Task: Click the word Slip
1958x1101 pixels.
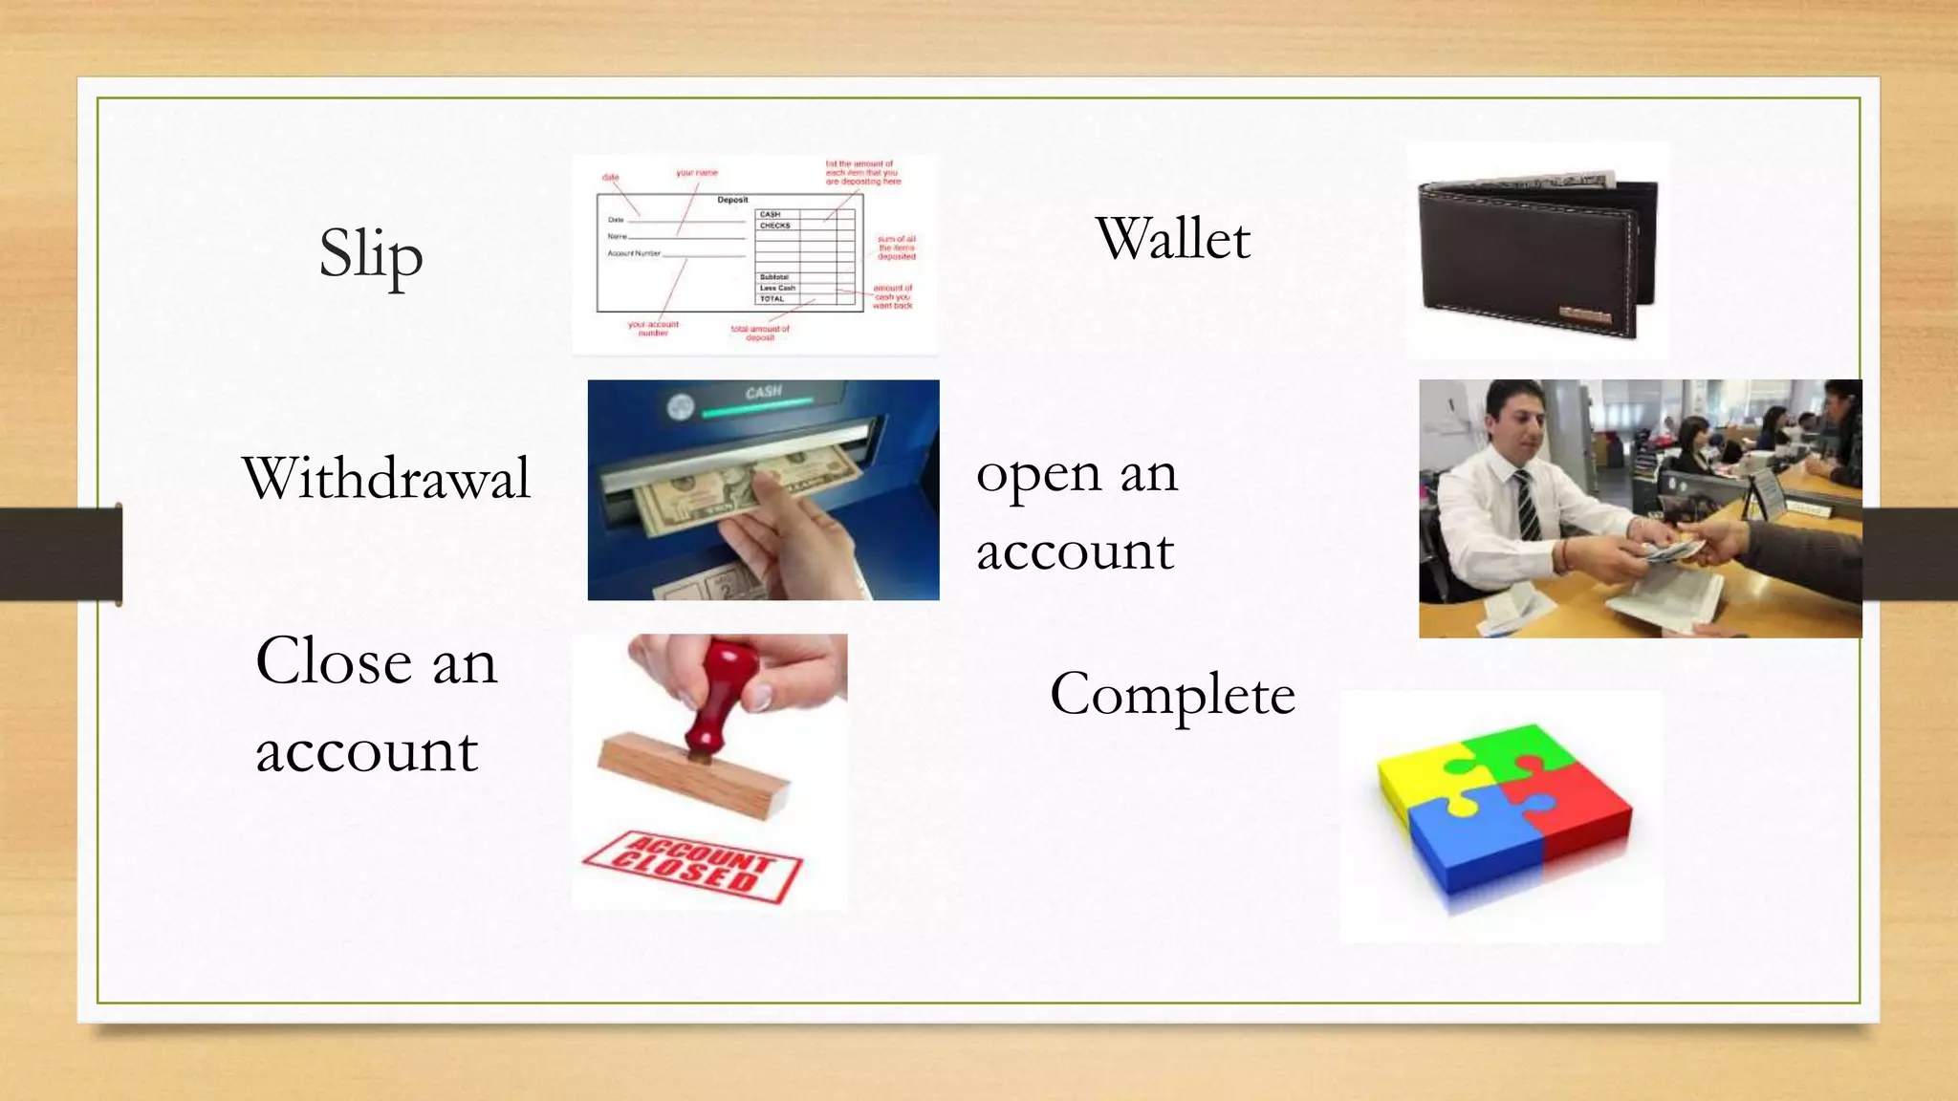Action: (371, 254)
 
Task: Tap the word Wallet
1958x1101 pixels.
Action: (1172, 238)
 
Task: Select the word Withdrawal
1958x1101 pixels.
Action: (386, 478)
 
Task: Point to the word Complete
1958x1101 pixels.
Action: (1172, 695)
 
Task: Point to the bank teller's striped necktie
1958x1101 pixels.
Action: (1528, 507)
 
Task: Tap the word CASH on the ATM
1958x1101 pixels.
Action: (763, 393)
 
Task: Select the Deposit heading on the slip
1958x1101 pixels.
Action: (732, 200)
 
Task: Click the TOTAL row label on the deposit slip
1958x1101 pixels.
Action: (772, 299)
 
